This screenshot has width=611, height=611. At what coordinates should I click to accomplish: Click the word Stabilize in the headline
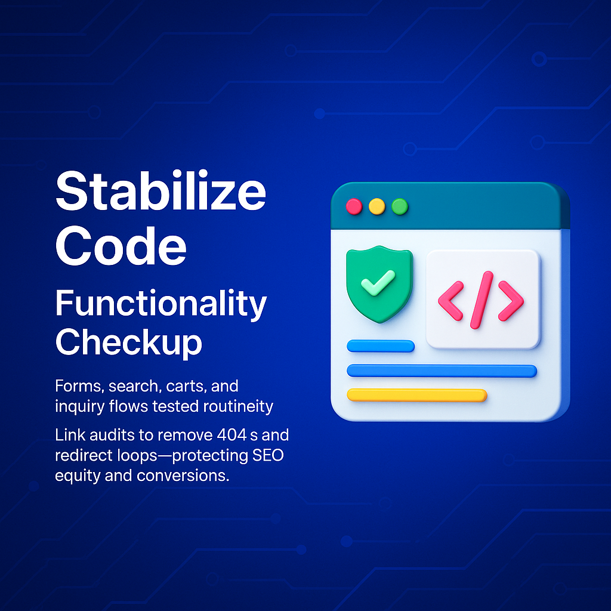point(161,190)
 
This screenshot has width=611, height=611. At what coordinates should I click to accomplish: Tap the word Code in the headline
point(121,246)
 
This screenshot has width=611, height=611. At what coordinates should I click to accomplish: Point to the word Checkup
point(129,342)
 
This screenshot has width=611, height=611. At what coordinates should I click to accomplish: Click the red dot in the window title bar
point(354,206)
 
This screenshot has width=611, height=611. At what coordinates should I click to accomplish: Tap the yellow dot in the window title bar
point(377,206)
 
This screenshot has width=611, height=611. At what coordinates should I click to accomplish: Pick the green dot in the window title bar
point(400,206)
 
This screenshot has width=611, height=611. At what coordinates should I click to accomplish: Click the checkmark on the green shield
point(378,282)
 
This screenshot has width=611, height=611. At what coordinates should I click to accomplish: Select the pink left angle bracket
point(451,301)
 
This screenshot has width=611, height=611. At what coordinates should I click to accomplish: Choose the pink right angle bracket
point(511,301)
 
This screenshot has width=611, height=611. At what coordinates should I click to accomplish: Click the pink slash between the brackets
point(482,300)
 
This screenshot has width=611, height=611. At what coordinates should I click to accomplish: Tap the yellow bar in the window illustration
point(417,395)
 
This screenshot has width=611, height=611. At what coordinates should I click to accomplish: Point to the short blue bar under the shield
point(381,346)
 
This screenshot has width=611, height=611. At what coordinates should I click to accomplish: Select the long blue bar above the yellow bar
point(442,371)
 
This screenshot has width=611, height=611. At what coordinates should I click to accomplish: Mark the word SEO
point(268,455)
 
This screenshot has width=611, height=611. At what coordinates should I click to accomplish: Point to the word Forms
point(79,387)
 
